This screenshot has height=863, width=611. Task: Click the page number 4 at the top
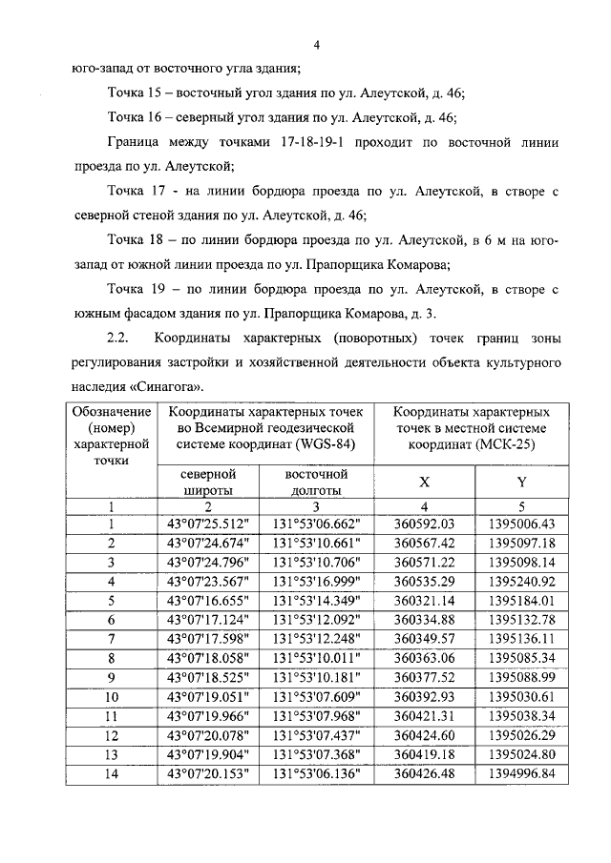316,44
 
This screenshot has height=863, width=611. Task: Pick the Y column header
521,483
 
